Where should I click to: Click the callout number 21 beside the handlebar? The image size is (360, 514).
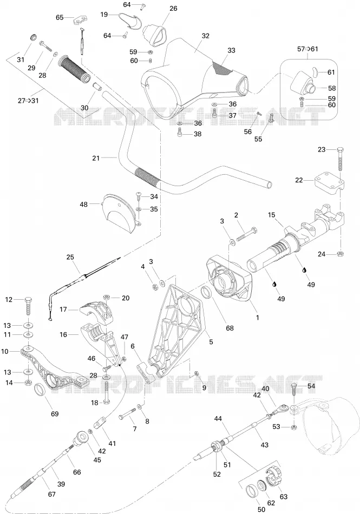(96, 159)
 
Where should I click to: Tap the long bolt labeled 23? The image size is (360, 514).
(340, 159)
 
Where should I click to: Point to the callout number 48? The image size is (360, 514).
(83, 204)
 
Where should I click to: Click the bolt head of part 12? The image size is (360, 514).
(29, 300)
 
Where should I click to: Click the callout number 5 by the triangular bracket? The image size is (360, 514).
(211, 342)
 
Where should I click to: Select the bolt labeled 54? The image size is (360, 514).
(294, 391)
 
